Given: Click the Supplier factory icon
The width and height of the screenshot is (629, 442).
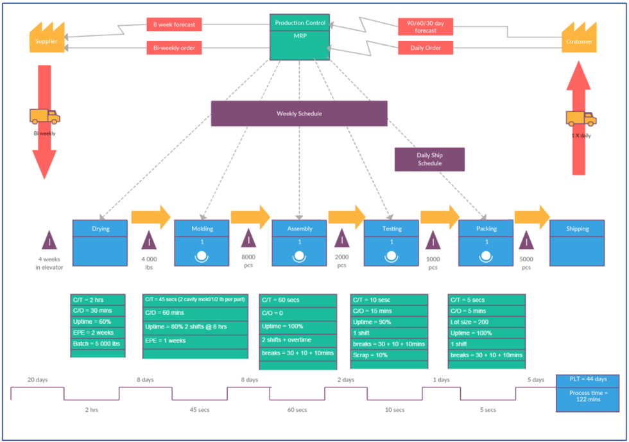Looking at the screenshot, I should click(x=46, y=39).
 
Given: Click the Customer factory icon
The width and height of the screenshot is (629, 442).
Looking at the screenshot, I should click(x=579, y=39).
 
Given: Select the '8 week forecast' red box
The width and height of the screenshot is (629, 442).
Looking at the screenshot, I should click(x=174, y=25).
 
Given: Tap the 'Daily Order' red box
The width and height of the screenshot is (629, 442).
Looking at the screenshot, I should click(x=426, y=48).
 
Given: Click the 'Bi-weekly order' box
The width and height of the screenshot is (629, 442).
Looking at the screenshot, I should click(x=174, y=48).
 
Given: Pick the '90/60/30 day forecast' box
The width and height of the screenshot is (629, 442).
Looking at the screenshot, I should click(x=426, y=26).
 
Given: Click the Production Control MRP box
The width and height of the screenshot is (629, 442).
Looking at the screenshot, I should click(x=300, y=37).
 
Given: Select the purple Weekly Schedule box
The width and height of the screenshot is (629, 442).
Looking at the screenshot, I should click(x=299, y=113).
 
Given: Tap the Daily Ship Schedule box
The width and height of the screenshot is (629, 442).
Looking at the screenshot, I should click(x=429, y=159).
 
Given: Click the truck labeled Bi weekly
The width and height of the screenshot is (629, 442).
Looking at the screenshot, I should click(x=44, y=116).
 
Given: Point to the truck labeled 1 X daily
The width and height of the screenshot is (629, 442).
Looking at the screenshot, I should click(x=581, y=119).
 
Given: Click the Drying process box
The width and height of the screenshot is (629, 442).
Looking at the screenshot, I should click(x=100, y=242).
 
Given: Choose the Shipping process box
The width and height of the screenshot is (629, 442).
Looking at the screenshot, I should click(x=577, y=242).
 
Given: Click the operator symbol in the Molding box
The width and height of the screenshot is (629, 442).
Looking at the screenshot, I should click(x=202, y=256).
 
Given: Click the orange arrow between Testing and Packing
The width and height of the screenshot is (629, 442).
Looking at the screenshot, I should click(x=440, y=217).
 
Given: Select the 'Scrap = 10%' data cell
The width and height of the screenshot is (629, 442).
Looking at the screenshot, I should click(x=388, y=355).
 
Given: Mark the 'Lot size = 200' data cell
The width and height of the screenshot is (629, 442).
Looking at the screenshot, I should click(x=486, y=321).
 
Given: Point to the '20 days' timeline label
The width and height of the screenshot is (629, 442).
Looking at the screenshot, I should click(x=37, y=380).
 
